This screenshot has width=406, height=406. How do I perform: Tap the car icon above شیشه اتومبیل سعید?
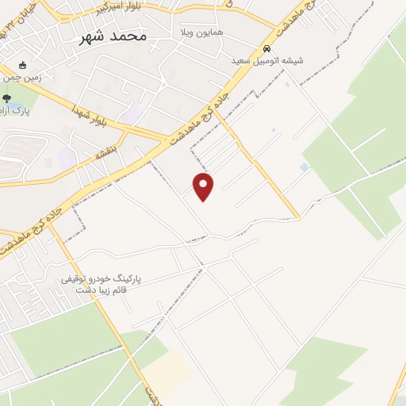pos(266,48)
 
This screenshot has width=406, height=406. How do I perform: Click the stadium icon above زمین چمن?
pos(21,65)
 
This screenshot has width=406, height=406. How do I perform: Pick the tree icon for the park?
pos(7,98)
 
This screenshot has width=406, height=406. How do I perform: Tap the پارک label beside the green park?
pos(17,111)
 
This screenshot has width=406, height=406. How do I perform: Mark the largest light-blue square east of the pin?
pos(304,167)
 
